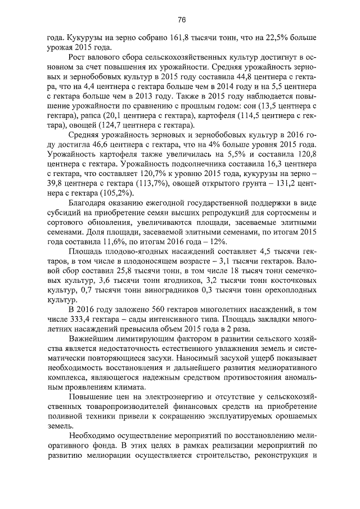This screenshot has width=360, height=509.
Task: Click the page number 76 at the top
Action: tap(182, 20)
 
